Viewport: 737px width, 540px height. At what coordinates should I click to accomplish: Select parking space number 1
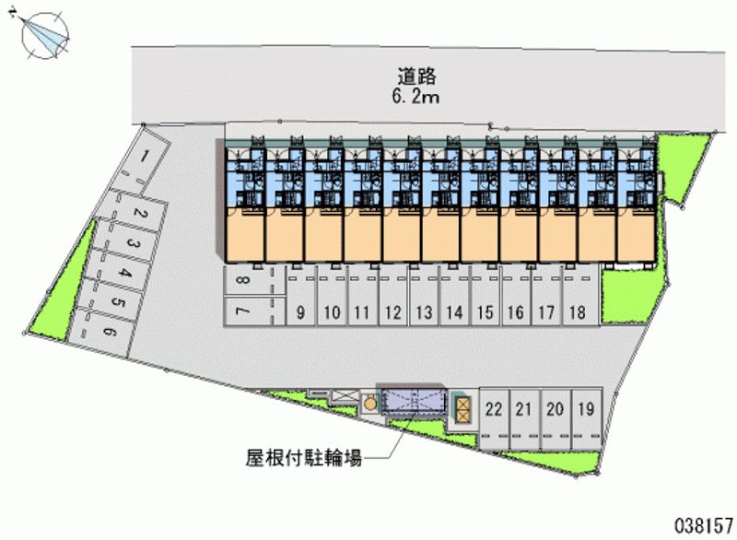coord(146,160)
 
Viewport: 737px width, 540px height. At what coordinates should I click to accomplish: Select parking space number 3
coord(133,244)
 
